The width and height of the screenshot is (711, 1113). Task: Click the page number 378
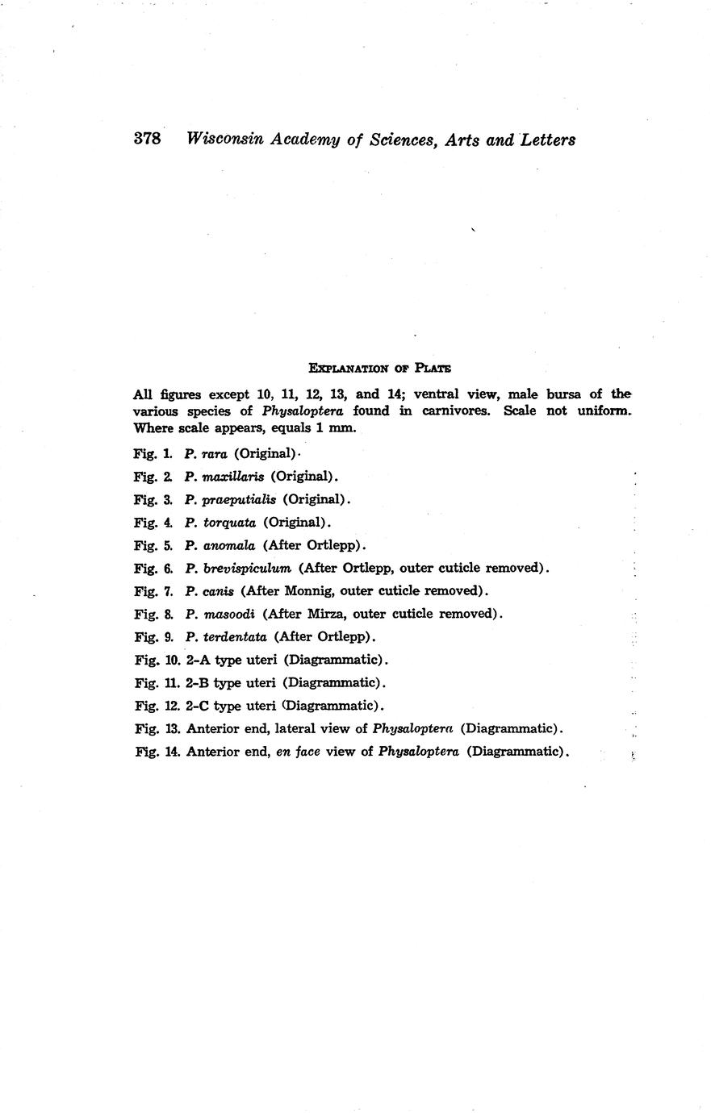[x=148, y=139]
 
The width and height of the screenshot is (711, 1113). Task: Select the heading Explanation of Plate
[x=379, y=368]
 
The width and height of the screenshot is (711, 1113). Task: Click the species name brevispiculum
[x=247, y=568]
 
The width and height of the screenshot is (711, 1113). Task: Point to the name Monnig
[x=311, y=590]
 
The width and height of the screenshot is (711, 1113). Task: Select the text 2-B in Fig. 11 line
[x=198, y=682]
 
